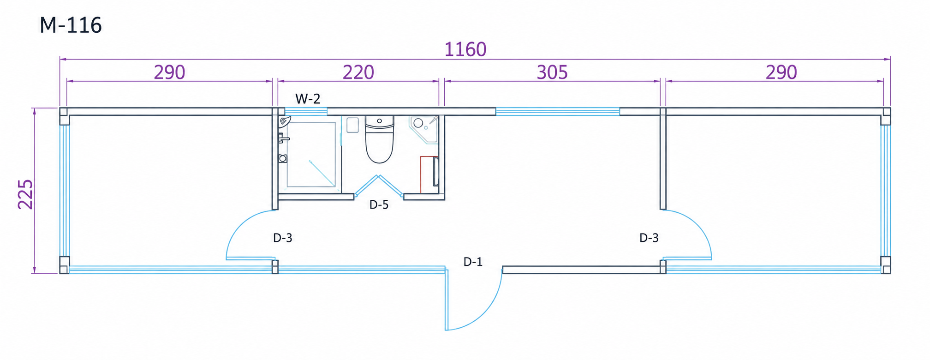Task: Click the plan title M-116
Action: tap(71, 25)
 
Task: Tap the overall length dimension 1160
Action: tap(465, 49)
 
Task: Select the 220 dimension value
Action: tap(358, 72)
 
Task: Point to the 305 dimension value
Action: tap(552, 72)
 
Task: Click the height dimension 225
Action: tap(25, 194)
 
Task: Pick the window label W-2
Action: tap(308, 98)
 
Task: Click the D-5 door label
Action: tap(379, 204)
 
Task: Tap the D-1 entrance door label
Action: tap(473, 262)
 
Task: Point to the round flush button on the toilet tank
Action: tap(379, 121)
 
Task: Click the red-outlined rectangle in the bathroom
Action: tap(429, 174)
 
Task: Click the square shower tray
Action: tap(311, 155)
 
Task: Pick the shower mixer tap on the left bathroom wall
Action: tap(283, 138)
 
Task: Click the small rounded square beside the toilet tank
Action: tap(352, 125)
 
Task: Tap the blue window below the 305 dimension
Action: tap(557, 111)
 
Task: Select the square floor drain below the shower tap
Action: tap(283, 159)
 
